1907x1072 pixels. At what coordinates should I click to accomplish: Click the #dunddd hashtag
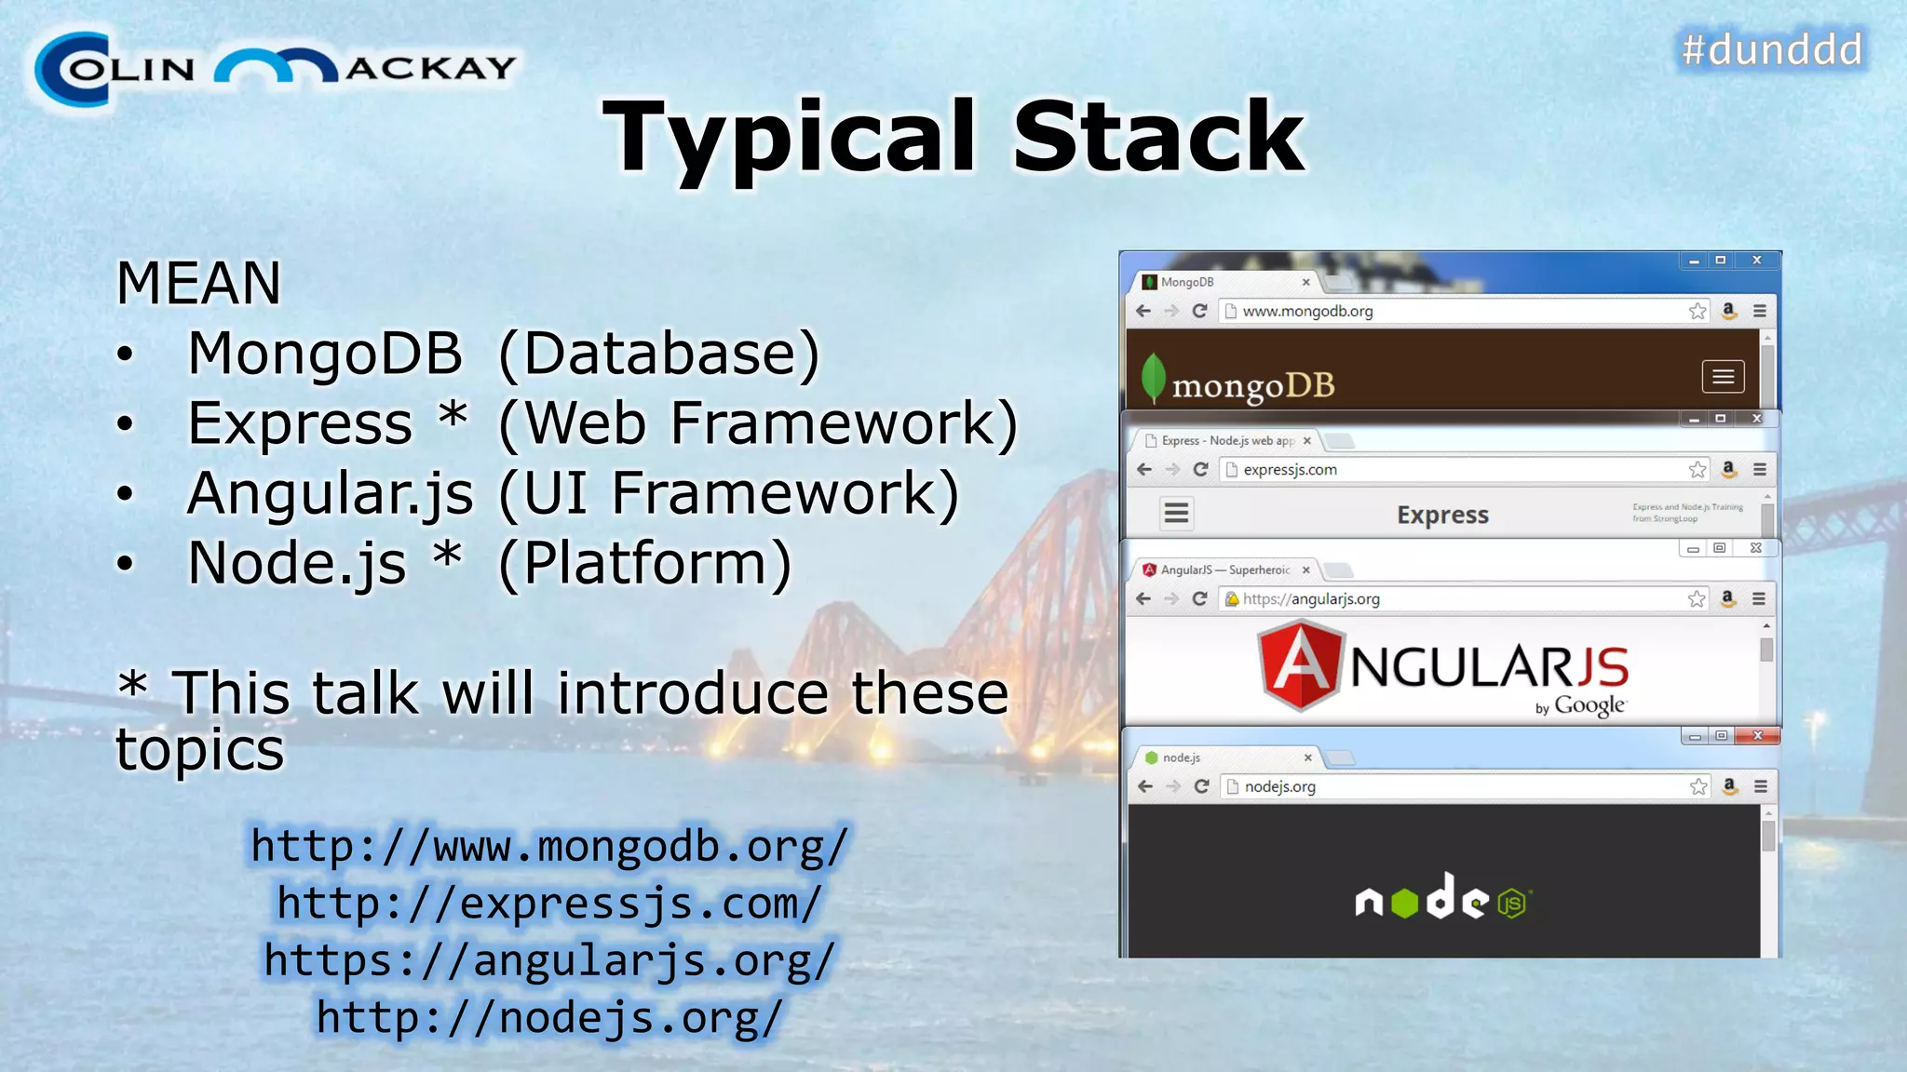tap(1772, 49)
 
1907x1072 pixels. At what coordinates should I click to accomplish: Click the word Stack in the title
tap(1158, 138)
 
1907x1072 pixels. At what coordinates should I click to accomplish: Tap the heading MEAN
tap(198, 283)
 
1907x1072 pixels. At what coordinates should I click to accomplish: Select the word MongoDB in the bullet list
tap(325, 354)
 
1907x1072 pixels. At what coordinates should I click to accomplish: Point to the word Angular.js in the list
tap(331, 493)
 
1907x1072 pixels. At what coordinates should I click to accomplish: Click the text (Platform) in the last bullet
tap(645, 563)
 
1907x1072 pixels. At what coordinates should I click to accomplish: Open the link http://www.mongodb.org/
tap(549, 847)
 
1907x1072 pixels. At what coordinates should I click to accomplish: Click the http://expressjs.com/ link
tap(549, 904)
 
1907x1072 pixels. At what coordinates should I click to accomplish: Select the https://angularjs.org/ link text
tap(549, 960)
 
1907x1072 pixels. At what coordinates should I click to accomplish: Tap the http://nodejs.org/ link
tap(549, 1017)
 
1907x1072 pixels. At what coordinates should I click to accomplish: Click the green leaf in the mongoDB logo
tap(1154, 377)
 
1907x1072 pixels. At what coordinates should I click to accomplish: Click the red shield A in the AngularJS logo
tap(1301, 665)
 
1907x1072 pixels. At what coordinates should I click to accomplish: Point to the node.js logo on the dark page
tap(1442, 899)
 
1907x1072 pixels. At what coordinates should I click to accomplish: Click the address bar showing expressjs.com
tap(1453, 470)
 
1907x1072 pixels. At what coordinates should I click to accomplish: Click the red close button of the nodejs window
tap(1757, 736)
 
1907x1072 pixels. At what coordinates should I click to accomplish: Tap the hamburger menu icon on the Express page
tap(1177, 513)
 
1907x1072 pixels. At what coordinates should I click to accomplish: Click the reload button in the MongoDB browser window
tap(1199, 311)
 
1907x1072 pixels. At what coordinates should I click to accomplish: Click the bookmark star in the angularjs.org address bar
tap(1697, 599)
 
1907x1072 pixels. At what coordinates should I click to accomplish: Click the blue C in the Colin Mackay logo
tap(73, 70)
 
